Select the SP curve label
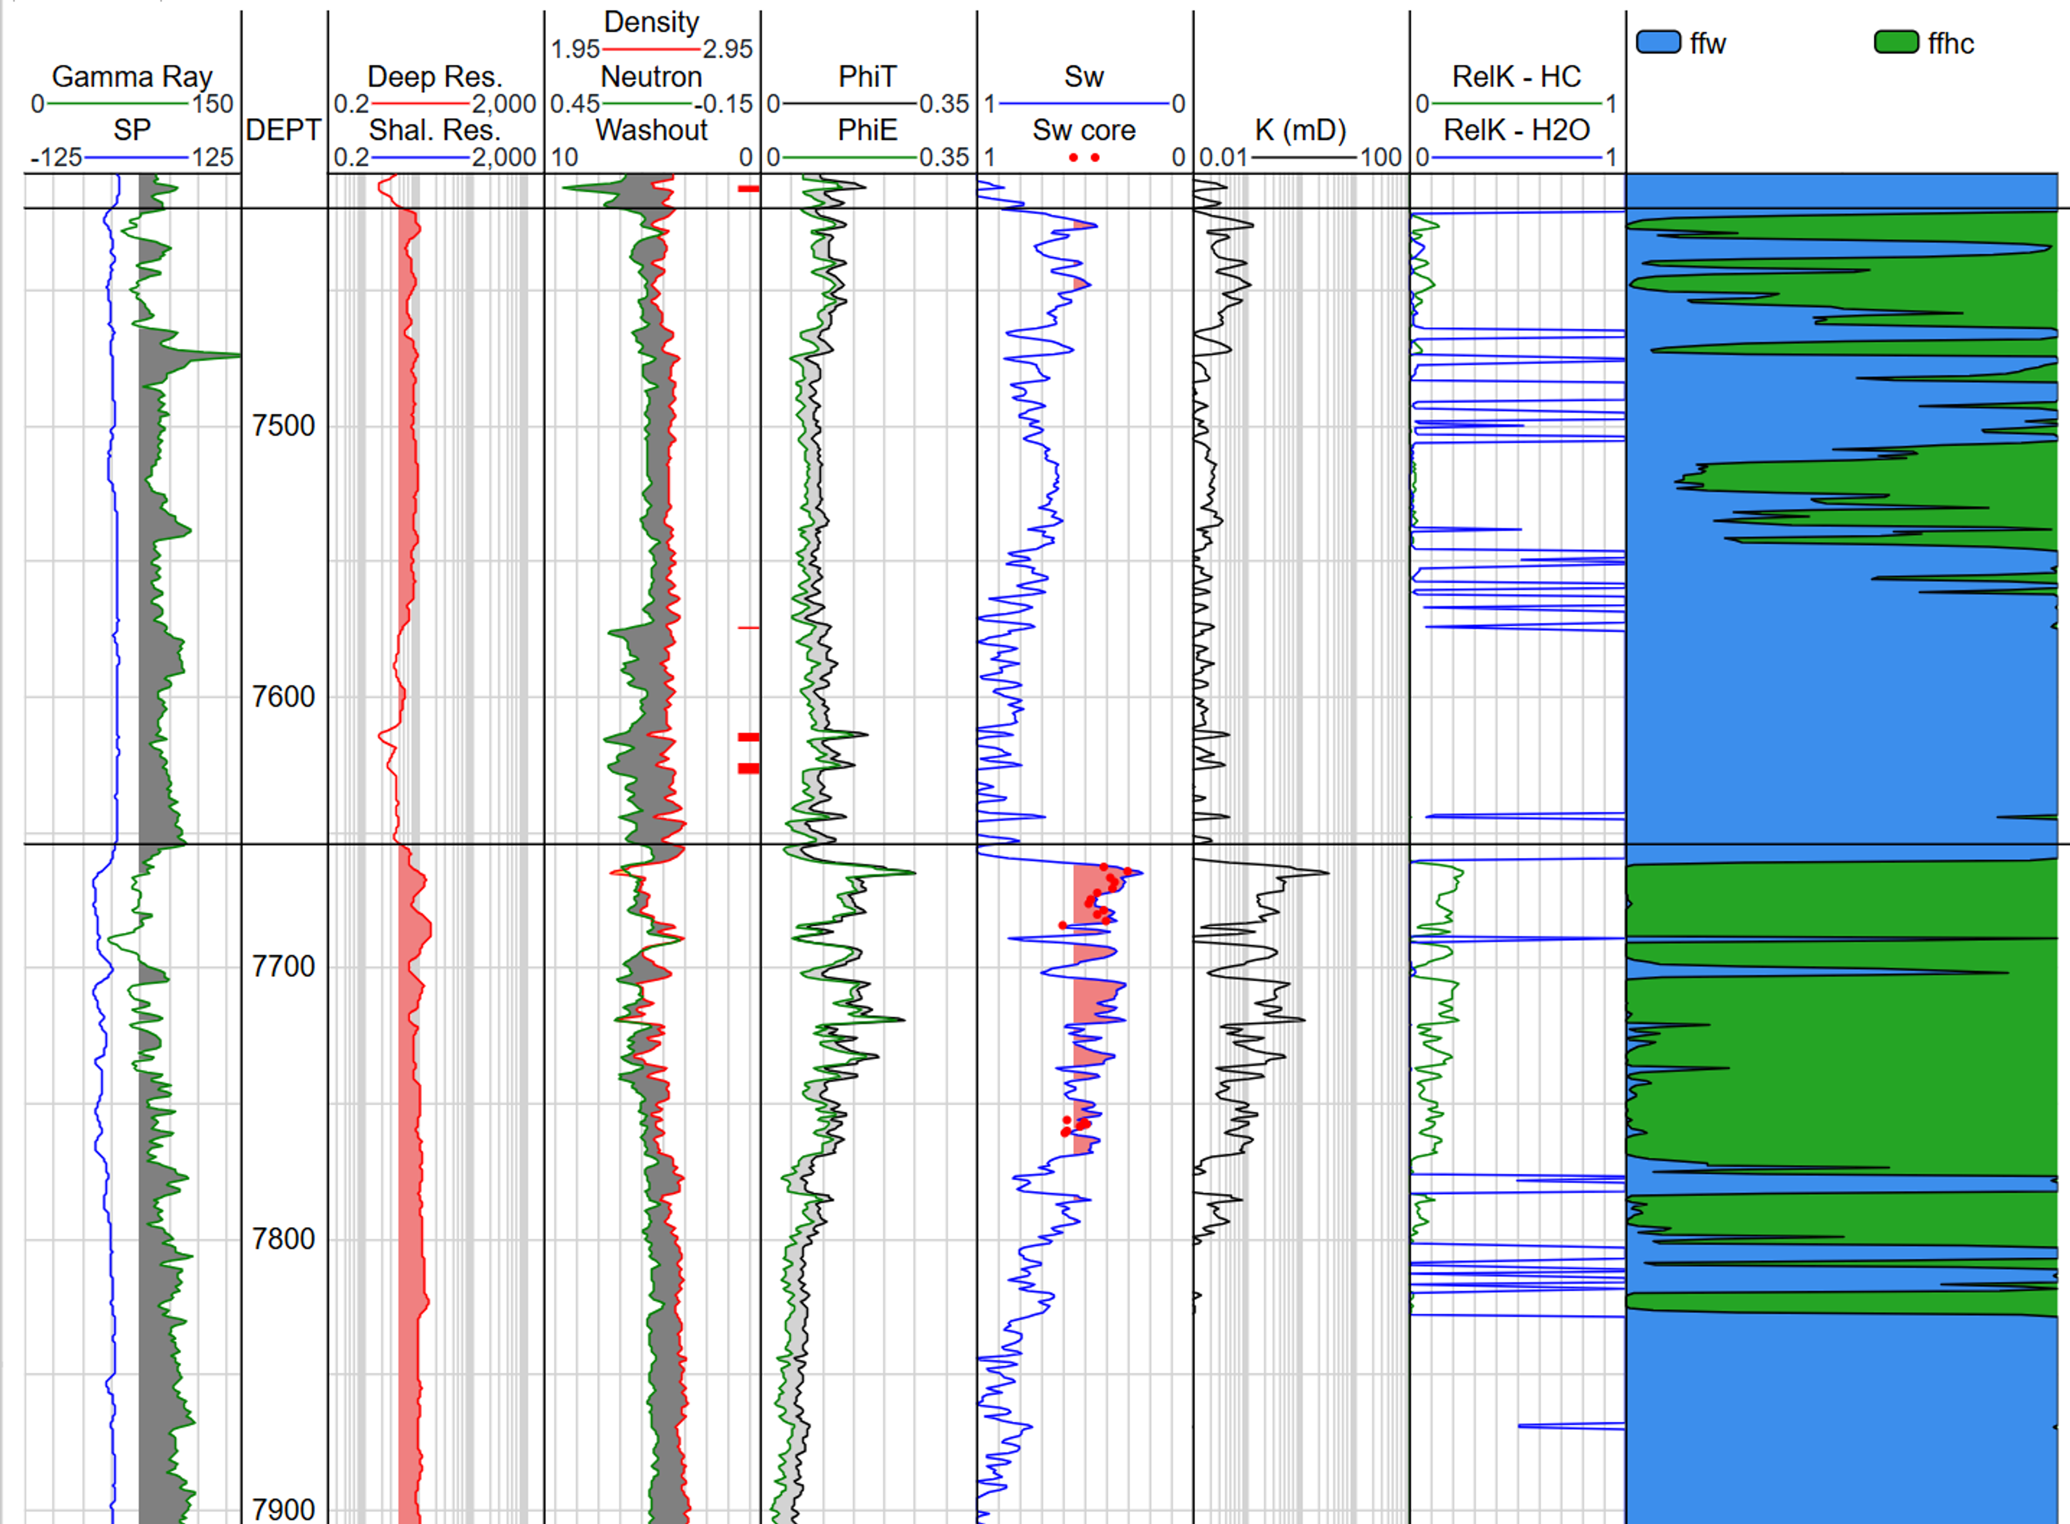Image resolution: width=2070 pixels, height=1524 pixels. pos(132,130)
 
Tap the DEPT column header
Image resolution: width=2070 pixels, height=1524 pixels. pos(284,130)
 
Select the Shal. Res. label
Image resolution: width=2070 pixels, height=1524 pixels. pos(434,130)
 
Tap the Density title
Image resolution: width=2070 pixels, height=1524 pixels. pos(652,21)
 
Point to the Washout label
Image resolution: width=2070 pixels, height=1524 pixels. pos(652,130)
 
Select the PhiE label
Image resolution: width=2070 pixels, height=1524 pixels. pos(867,130)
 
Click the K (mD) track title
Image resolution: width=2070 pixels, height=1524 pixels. pos(1300,130)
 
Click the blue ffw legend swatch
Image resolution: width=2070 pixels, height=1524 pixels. pos(1658,43)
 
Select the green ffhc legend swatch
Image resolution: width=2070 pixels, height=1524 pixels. pos(1896,43)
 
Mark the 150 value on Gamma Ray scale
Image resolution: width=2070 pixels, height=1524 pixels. pos(212,103)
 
